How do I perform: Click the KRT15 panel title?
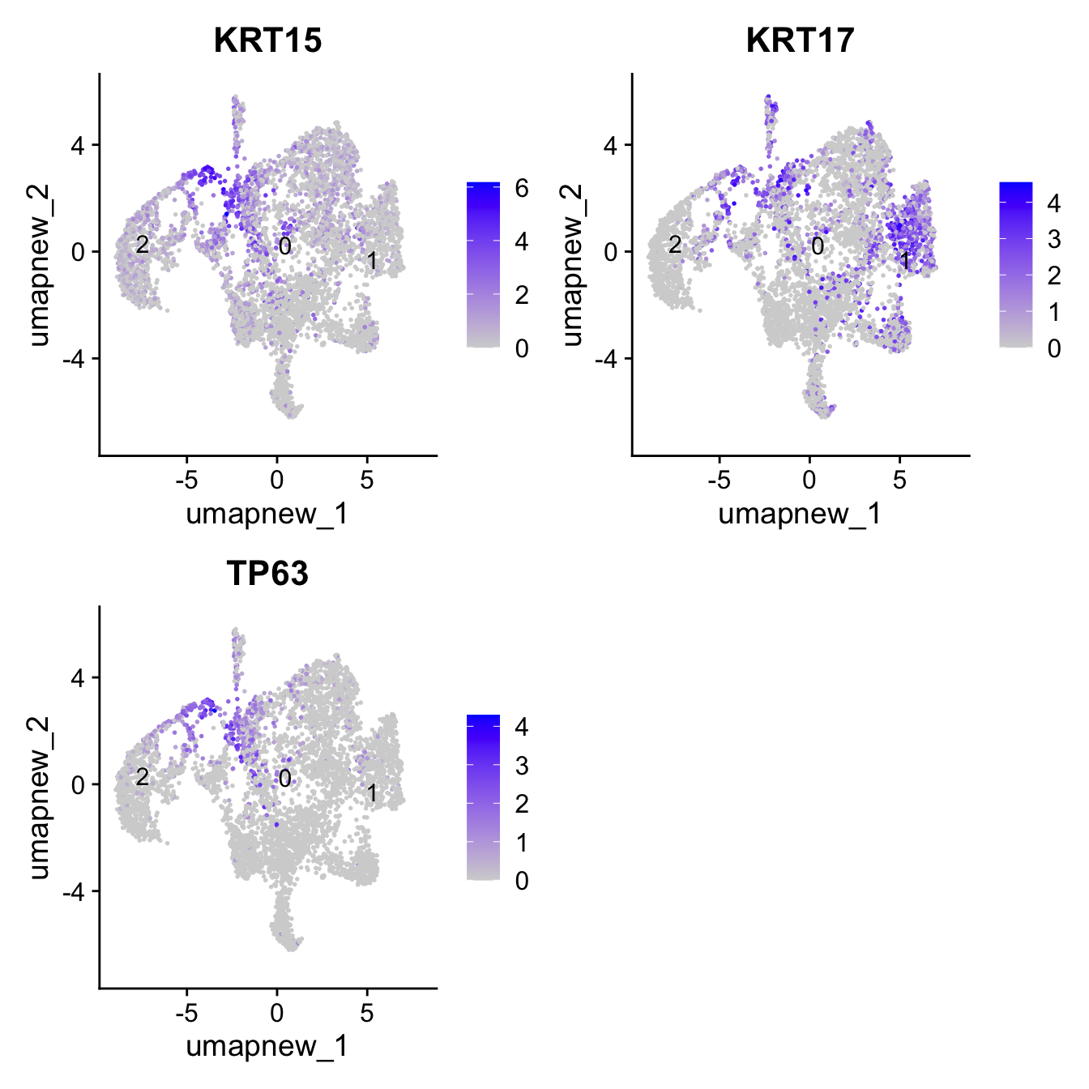tap(267, 40)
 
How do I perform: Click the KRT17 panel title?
tap(800, 40)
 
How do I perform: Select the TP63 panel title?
tap(267, 573)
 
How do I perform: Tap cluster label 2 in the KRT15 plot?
tap(142, 244)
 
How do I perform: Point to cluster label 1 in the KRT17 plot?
tap(904, 261)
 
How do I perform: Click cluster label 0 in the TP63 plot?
tap(284, 779)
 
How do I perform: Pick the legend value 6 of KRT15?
tap(521, 189)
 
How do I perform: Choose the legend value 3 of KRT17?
tap(1053, 240)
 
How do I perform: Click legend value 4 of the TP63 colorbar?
tap(521, 727)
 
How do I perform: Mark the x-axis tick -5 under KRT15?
tap(187, 480)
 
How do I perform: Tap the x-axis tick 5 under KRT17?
tap(899, 480)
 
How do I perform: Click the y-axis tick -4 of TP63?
tap(79, 891)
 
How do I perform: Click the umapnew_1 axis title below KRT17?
tap(800, 514)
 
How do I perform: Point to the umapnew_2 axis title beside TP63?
tap(39, 797)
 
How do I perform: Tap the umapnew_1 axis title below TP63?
tap(267, 1046)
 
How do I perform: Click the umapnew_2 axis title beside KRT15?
tap(39, 265)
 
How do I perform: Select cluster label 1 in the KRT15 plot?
tap(372, 261)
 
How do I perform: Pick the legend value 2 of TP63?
tap(521, 804)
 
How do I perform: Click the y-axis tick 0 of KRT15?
tap(79, 252)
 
